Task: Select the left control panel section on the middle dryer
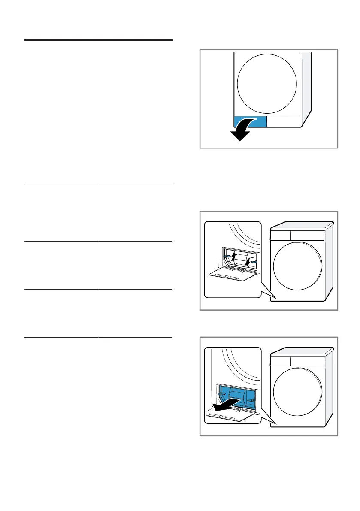(281, 235)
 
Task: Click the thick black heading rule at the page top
(98, 40)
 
